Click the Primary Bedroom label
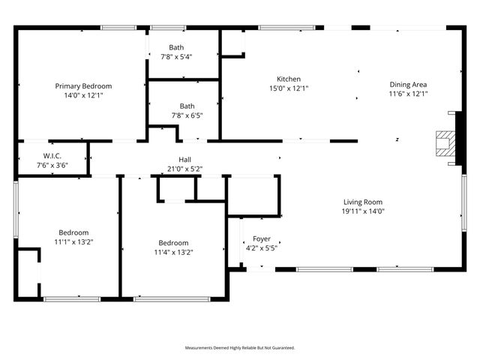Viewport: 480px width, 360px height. [82, 86]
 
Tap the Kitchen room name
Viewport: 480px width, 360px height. [289, 79]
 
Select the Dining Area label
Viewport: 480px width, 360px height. [408, 85]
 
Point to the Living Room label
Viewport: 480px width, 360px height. [363, 202]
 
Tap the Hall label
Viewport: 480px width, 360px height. [184, 159]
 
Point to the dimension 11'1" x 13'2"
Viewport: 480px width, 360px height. [73, 241]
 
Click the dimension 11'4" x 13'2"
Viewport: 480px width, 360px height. [173, 252]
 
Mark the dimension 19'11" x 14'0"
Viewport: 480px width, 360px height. [363, 211]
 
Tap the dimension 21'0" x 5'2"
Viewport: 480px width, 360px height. [184, 169]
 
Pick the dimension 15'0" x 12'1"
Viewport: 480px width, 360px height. [289, 88]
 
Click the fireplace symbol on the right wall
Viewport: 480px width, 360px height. [445, 142]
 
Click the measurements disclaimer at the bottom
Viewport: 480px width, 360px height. [240, 348]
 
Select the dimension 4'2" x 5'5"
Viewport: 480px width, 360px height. [261, 247]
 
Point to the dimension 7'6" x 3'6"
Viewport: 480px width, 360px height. [52, 165]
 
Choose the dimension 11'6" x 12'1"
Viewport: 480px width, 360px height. [408, 94]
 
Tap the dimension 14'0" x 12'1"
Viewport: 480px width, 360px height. [82, 96]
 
